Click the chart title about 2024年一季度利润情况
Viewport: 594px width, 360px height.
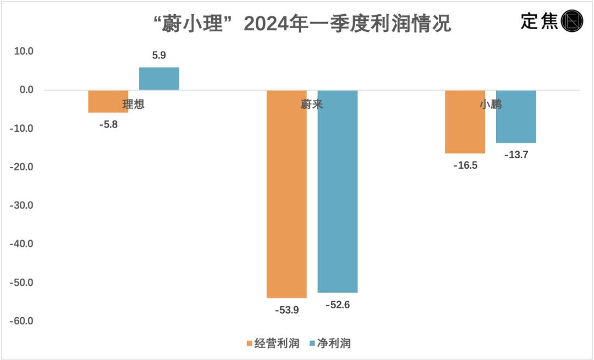click(301, 24)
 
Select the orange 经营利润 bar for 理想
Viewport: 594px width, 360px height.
click(108, 101)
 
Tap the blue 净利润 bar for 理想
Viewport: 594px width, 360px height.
click(159, 79)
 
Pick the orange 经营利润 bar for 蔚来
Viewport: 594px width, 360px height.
click(287, 193)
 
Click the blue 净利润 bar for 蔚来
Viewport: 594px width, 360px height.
click(338, 191)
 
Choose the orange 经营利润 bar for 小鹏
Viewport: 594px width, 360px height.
click(465, 121)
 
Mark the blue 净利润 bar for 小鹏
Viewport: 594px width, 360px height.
click(516, 117)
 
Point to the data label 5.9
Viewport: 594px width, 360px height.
click(159, 56)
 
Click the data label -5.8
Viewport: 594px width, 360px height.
click(108, 125)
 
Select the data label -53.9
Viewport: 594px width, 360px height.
click(287, 310)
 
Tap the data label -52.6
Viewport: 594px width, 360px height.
click(338, 305)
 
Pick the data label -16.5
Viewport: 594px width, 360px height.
click(465, 165)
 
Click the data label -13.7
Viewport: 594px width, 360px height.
click(516, 156)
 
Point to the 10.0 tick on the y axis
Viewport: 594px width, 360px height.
click(23, 52)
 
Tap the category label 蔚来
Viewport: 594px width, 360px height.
click(312, 104)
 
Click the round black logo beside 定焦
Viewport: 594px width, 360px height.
click(572, 21)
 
